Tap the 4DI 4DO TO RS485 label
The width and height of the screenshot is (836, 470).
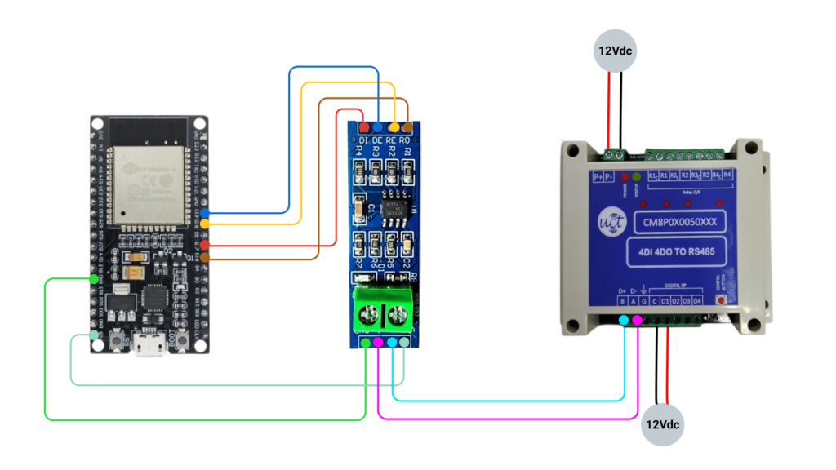point(672,253)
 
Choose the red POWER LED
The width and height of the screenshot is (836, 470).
point(625,177)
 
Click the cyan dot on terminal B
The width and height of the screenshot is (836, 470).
point(624,320)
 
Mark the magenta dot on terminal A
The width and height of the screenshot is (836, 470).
point(637,320)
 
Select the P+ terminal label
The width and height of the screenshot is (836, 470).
point(598,176)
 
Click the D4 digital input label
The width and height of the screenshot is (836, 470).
point(697,302)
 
